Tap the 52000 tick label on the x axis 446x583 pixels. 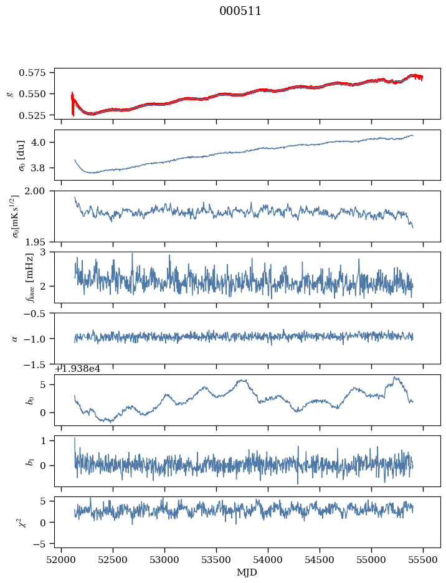pos(61,561)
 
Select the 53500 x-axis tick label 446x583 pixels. pos(217,561)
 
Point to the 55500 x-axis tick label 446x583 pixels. pos(424,561)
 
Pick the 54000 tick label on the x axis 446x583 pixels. pos(268,561)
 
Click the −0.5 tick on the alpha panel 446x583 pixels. pos(38,313)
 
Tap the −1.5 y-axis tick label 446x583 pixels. pos(38,364)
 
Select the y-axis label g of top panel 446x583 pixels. pos(9,93)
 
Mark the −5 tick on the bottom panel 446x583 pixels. pos(42,544)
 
